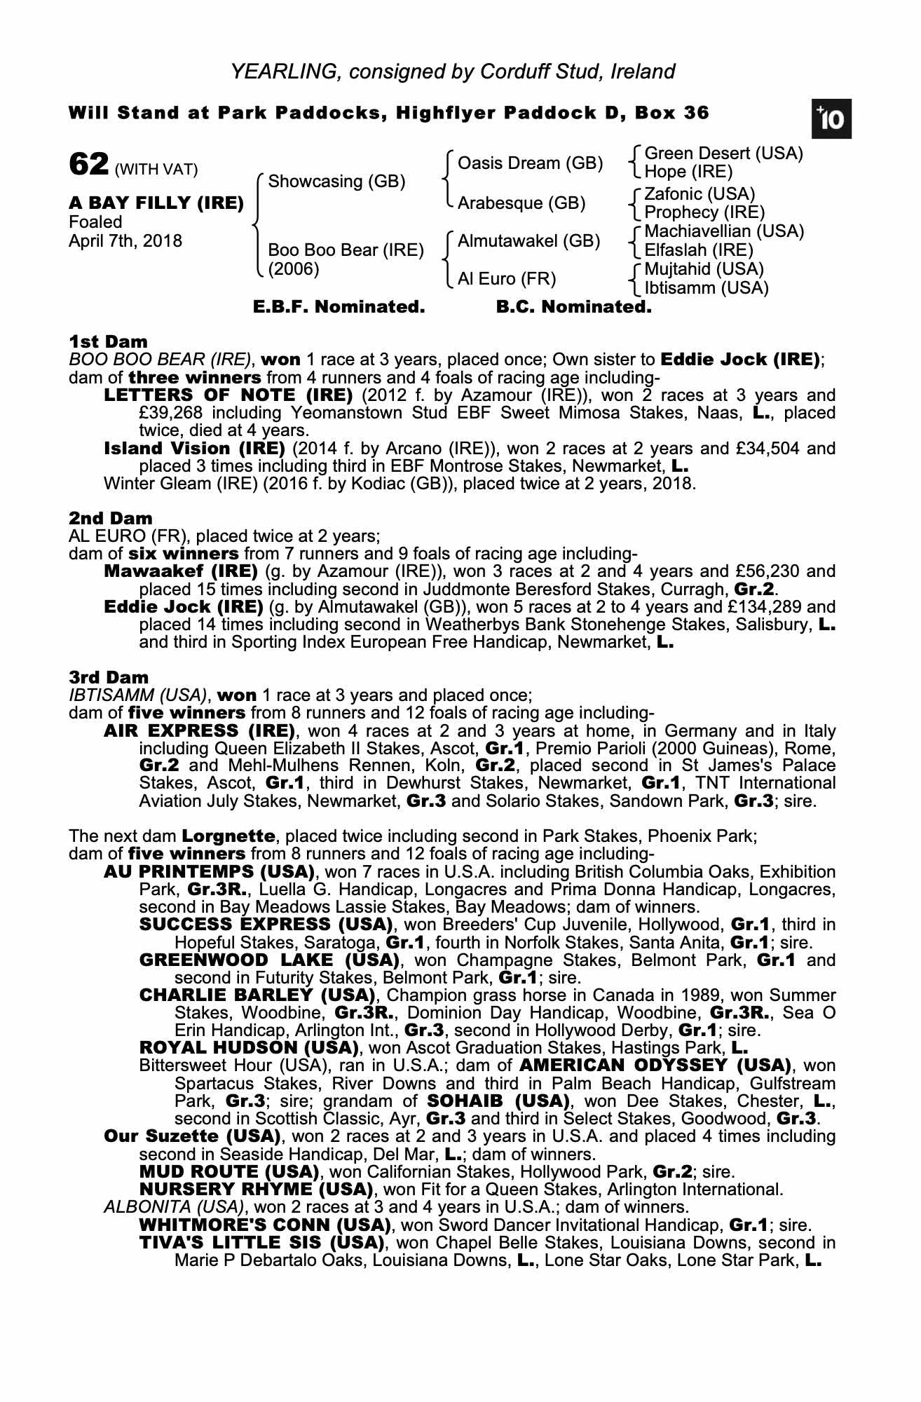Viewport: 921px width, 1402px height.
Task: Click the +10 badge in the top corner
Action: pos(832,120)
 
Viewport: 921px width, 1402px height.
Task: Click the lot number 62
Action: pos(88,165)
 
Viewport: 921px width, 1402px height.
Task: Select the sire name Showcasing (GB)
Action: pos(336,182)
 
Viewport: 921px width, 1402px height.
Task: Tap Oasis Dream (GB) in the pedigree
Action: pos(530,163)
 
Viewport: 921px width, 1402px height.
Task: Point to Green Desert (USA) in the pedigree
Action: pos(723,154)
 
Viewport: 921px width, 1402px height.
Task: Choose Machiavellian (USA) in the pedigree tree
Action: pos(724,231)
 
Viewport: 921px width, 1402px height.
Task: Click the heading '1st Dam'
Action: pos(108,341)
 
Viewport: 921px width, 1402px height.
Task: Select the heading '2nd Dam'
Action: pos(110,518)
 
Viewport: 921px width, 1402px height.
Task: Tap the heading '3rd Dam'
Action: pos(109,677)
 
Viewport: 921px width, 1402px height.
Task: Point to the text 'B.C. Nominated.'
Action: pos(573,307)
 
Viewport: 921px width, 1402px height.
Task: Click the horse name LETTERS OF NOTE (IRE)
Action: pos(228,395)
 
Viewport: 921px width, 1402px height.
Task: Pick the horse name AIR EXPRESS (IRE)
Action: pos(199,730)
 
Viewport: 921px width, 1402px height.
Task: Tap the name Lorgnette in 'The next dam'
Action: pos(228,836)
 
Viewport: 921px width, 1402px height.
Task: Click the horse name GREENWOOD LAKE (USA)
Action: pos(269,960)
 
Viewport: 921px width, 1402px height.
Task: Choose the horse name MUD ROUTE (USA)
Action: pos(229,1171)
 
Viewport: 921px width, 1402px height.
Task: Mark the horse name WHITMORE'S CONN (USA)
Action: pos(265,1225)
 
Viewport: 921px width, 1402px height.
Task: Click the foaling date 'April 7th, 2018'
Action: pos(125,241)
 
